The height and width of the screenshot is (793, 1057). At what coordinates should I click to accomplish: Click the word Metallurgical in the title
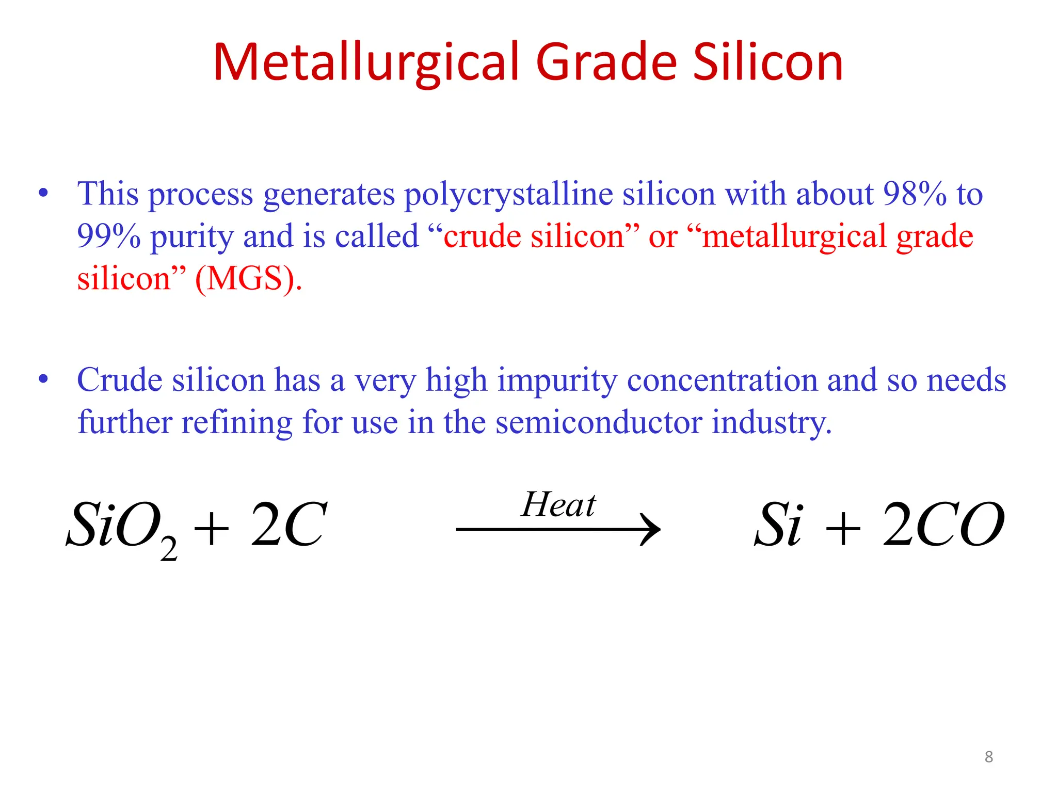367,62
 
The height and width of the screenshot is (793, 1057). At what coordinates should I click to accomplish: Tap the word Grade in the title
607,62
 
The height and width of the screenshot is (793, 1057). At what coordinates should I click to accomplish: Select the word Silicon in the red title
767,62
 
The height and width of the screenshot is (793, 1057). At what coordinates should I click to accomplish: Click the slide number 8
988,757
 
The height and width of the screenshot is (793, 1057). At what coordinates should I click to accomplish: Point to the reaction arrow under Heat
557,529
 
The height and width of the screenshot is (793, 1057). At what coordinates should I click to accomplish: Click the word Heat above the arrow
558,504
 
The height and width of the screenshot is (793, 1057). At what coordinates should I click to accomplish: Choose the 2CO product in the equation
943,525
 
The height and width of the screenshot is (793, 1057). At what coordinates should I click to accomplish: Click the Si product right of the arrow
778,525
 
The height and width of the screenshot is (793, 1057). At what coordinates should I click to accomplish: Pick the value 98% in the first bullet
915,195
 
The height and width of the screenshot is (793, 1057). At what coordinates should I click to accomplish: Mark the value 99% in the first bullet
108,237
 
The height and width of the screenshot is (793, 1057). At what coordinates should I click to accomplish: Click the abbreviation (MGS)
248,279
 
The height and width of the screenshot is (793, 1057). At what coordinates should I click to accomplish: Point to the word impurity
557,380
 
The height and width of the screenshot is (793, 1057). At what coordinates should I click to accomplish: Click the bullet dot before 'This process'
43,194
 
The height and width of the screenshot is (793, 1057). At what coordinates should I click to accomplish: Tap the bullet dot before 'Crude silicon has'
43,379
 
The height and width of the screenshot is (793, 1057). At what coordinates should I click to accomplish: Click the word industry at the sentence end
771,422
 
